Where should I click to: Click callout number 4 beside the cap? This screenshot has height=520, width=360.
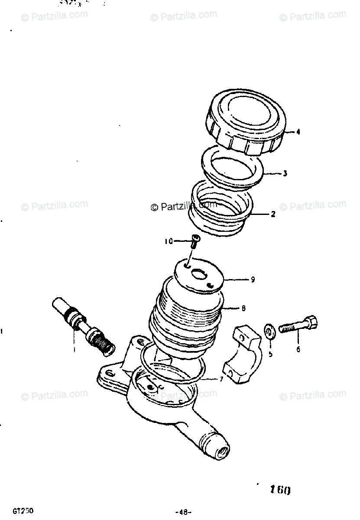298,133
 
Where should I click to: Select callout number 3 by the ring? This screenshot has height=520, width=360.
285,174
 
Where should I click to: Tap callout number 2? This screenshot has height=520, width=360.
273,214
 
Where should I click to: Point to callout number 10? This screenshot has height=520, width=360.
168,241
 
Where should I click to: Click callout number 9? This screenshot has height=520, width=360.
252,279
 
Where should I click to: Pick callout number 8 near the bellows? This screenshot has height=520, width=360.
243,309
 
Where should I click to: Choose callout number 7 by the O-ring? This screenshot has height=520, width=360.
221,380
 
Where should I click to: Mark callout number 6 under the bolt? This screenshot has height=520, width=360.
298,348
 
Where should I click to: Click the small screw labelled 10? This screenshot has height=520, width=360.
195,240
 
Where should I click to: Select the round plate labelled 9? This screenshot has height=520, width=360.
199,275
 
